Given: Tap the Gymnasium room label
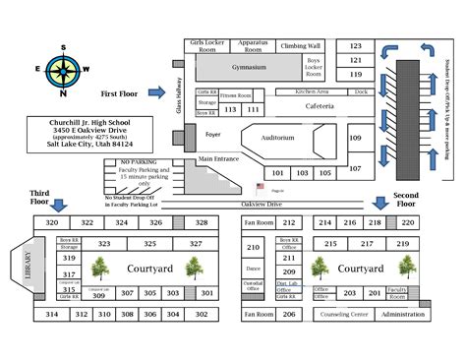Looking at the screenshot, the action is coord(243,67).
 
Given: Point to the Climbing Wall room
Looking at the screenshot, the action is coord(300,45).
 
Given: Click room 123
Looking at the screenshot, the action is coord(356,45).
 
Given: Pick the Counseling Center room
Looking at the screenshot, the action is coord(343,314).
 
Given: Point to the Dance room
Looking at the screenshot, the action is coord(253,268).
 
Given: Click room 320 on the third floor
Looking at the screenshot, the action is coord(53,223).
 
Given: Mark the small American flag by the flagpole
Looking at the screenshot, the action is coord(261,185).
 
